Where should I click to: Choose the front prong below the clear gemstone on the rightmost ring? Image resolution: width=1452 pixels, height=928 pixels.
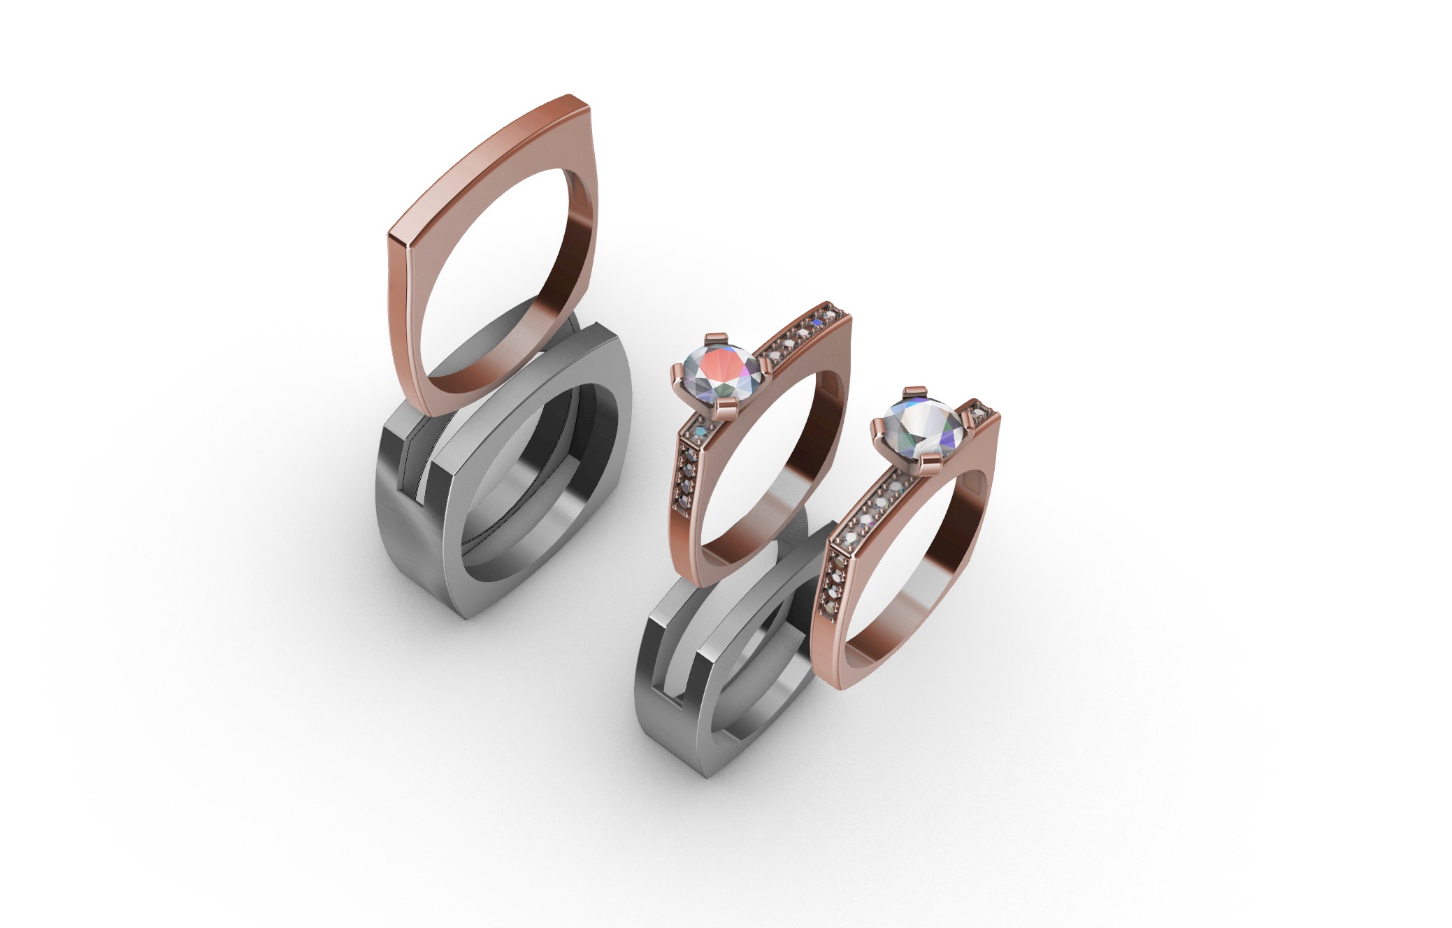pos(927,483)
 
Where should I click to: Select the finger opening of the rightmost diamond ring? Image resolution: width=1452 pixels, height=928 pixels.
pos(909,573)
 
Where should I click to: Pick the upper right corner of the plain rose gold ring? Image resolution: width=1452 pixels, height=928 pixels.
pos(580,105)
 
